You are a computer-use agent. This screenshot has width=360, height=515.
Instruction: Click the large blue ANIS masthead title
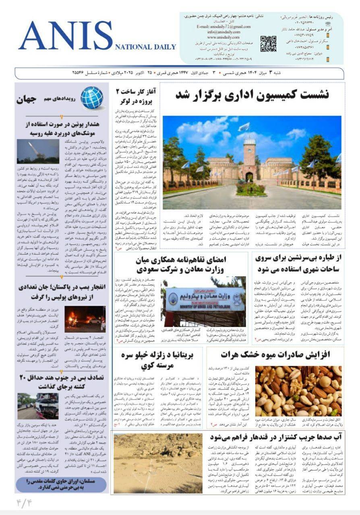(66, 36)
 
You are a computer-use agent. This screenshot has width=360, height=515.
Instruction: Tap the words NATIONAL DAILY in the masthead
(145, 47)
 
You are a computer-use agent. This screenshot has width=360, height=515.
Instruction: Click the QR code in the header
(268, 44)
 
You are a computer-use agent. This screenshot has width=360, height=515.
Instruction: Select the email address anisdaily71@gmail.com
(223, 27)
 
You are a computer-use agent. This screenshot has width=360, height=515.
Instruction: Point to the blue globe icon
(91, 98)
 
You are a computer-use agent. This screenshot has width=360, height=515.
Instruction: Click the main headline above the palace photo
(252, 95)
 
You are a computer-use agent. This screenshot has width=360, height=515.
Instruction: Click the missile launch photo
(38, 151)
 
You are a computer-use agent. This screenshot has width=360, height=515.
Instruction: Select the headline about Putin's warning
(62, 128)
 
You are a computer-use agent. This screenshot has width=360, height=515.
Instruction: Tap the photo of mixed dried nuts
(298, 385)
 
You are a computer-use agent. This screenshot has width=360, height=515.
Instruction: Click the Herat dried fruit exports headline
(275, 354)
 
